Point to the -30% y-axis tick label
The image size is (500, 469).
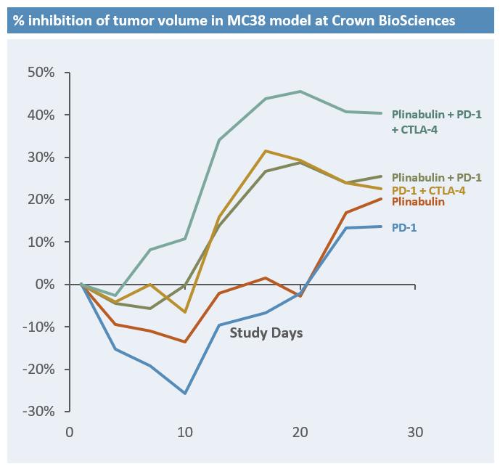[x=39, y=411]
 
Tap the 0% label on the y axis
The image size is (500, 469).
[x=45, y=285]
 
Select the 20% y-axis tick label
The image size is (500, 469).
[x=41, y=200]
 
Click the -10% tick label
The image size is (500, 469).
[x=39, y=327]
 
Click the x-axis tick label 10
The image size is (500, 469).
[x=185, y=433]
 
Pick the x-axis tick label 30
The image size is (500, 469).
[x=415, y=433]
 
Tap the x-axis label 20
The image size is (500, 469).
[x=300, y=433]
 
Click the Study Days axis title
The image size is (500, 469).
[x=266, y=333]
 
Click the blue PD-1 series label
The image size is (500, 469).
[x=404, y=228]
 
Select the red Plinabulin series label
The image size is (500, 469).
[x=418, y=202]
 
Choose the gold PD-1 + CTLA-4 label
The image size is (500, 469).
[x=429, y=190]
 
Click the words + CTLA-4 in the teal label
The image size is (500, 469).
[x=415, y=130]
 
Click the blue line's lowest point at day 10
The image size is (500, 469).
[x=185, y=393]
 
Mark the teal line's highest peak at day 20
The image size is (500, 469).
[x=300, y=91]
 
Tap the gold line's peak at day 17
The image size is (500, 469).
[x=266, y=151]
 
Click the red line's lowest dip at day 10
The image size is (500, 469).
[x=185, y=342]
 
